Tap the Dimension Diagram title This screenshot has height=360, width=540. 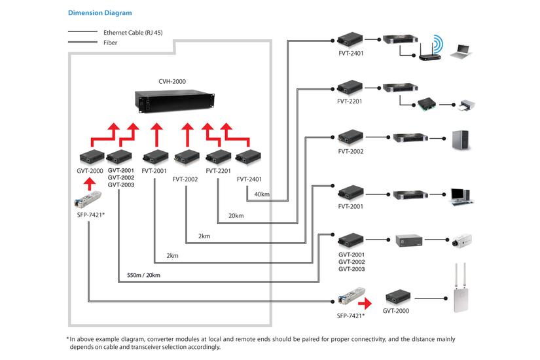(x=99, y=12)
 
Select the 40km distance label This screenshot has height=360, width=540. (x=262, y=194)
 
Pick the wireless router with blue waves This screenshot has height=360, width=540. (x=428, y=50)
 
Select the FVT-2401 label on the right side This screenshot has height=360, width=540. (x=350, y=53)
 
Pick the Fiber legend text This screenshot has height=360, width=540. (x=110, y=43)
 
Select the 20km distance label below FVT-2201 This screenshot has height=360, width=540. (x=236, y=215)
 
